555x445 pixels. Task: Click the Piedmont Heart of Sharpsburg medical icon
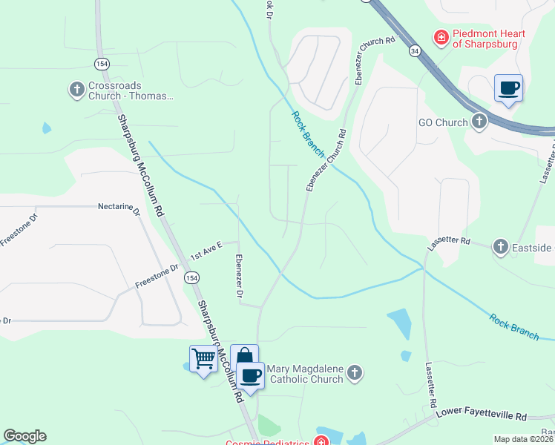pyautogui.click(x=440, y=36)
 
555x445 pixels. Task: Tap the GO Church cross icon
pyautogui.click(x=479, y=122)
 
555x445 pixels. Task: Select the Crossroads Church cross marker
pyautogui.click(x=76, y=90)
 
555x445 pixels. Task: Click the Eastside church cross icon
pyautogui.click(x=501, y=246)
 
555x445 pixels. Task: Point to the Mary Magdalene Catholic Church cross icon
pyautogui.click(x=355, y=373)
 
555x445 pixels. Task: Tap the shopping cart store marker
pyautogui.click(x=203, y=359)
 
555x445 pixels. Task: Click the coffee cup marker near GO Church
pyautogui.click(x=508, y=88)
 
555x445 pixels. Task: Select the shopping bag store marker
pyautogui.click(x=243, y=358)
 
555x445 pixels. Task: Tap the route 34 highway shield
pyautogui.click(x=414, y=50)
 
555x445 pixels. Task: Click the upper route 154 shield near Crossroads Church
pyautogui.click(x=102, y=64)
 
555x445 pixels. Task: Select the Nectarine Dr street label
pyautogui.click(x=119, y=208)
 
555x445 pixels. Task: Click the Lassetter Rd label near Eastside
pyautogui.click(x=450, y=242)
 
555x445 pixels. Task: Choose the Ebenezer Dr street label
pyautogui.click(x=239, y=277)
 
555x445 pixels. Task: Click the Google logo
pyautogui.click(x=24, y=436)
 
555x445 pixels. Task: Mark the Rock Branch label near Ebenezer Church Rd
pyautogui.click(x=308, y=133)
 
